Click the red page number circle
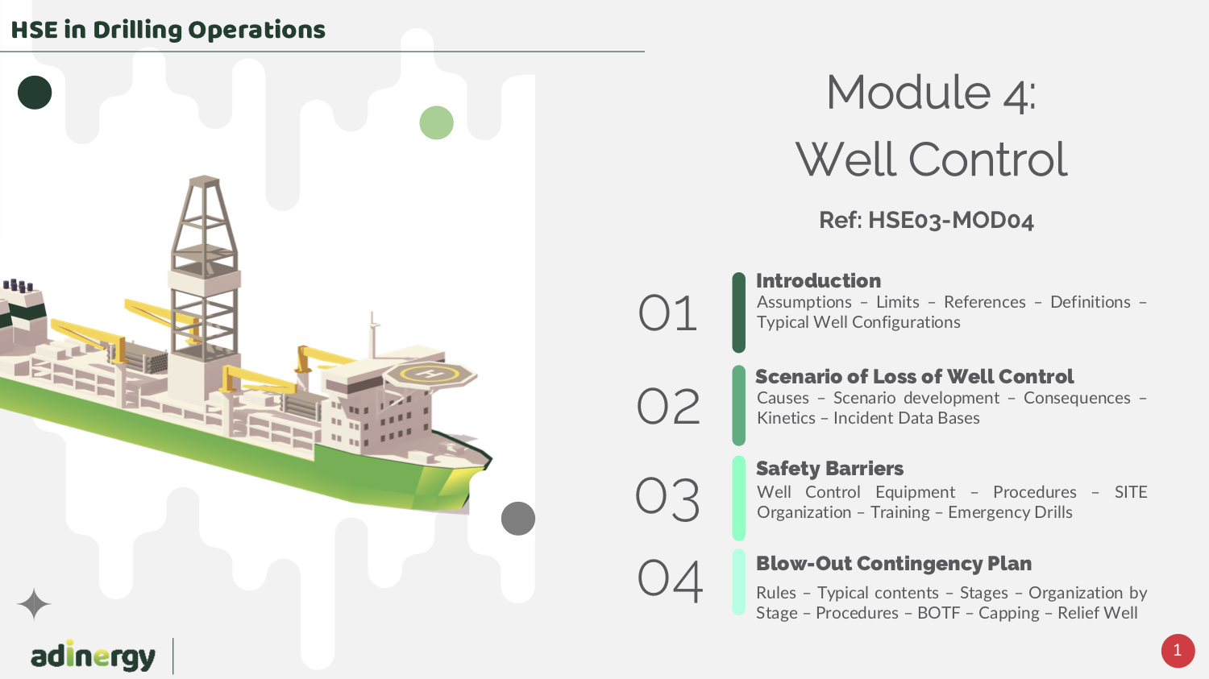tap(1178, 651)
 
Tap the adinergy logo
tap(93, 656)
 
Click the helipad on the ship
tap(430, 374)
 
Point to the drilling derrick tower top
tap(204, 180)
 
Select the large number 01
tap(667, 313)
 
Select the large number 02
tap(668, 406)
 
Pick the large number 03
tap(667, 499)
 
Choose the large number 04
tap(670, 580)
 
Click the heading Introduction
tap(818, 280)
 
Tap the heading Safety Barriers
tap(829, 468)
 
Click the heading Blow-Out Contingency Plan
tap(894, 564)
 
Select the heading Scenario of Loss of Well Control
tap(915, 376)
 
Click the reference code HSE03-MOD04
tap(950, 220)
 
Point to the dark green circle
tap(35, 92)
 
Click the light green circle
tap(436, 122)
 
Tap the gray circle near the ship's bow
tap(518, 518)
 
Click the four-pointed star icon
tap(34, 604)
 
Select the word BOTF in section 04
tap(939, 613)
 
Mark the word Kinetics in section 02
tap(786, 418)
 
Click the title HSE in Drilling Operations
tap(168, 30)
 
